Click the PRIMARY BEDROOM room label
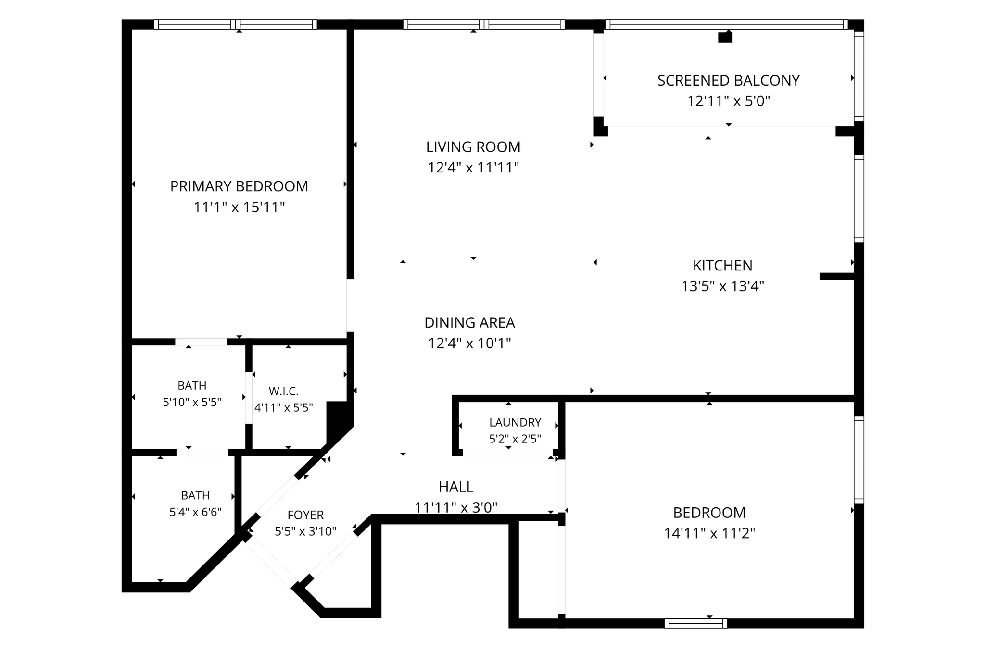(x=239, y=186)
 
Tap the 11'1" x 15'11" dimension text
(x=239, y=208)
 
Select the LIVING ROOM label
(x=473, y=147)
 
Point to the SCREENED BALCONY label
(x=728, y=81)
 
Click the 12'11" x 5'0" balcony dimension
(x=728, y=101)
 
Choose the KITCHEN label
(x=722, y=266)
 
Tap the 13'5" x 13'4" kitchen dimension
(x=722, y=286)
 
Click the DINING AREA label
(x=469, y=323)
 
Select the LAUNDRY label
(x=515, y=423)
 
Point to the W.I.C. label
(x=283, y=392)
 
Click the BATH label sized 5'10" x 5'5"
(x=192, y=386)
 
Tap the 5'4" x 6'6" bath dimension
(x=195, y=512)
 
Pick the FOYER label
(x=305, y=516)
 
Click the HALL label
(x=456, y=487)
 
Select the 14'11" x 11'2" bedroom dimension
(x=709, y=534)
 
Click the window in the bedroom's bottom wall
(x=695, y=624)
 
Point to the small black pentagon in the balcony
(x=725, y=37)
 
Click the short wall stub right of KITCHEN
(x=837, y=276)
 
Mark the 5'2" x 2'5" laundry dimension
(x=515, y=439)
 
